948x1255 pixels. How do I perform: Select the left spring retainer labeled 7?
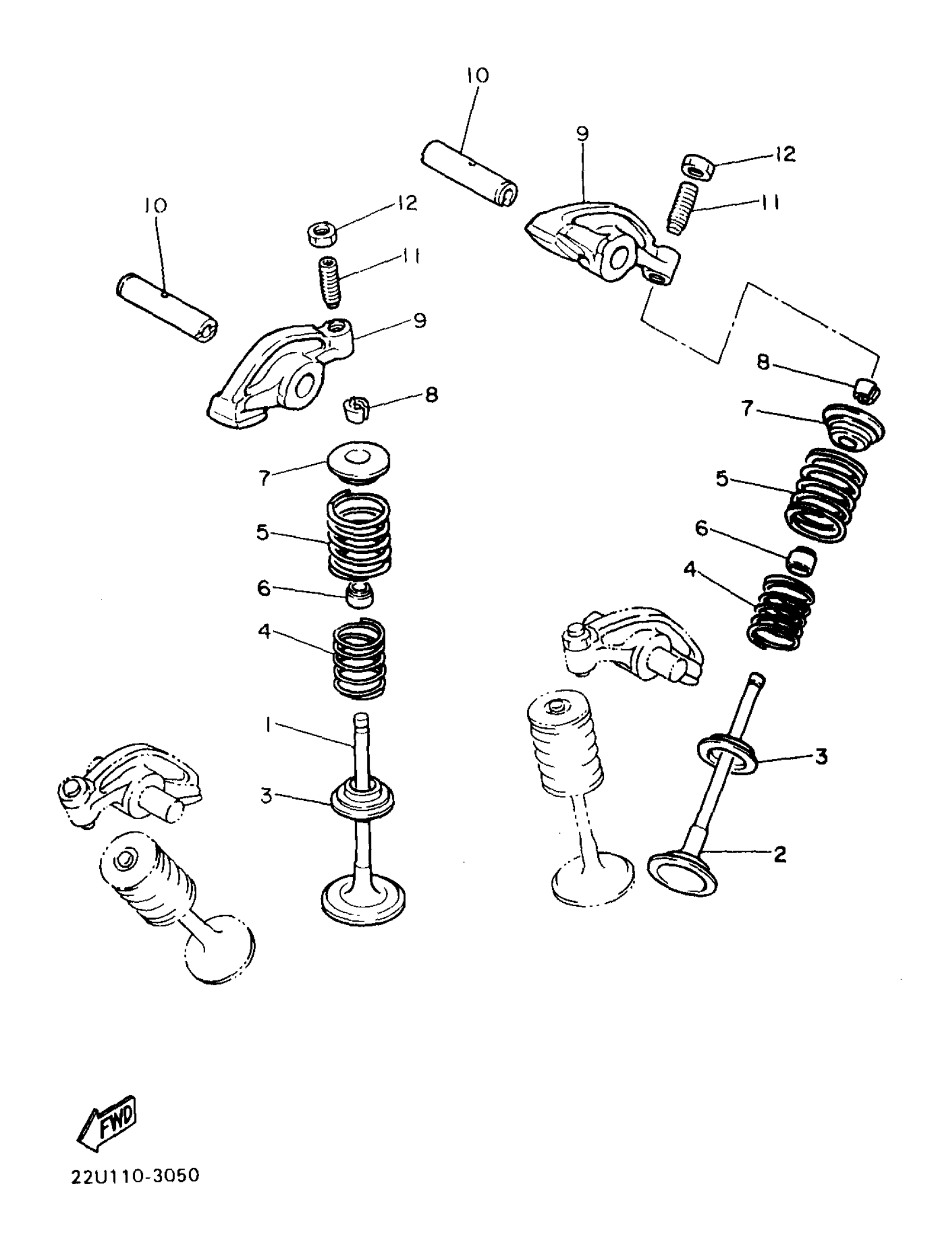pos(359,462)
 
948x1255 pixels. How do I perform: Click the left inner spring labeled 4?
pos(359,659)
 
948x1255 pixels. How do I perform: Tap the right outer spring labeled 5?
pos(826,494)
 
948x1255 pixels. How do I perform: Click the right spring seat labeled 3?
pos(728,755)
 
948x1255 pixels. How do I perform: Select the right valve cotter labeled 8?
pos(867,390)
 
